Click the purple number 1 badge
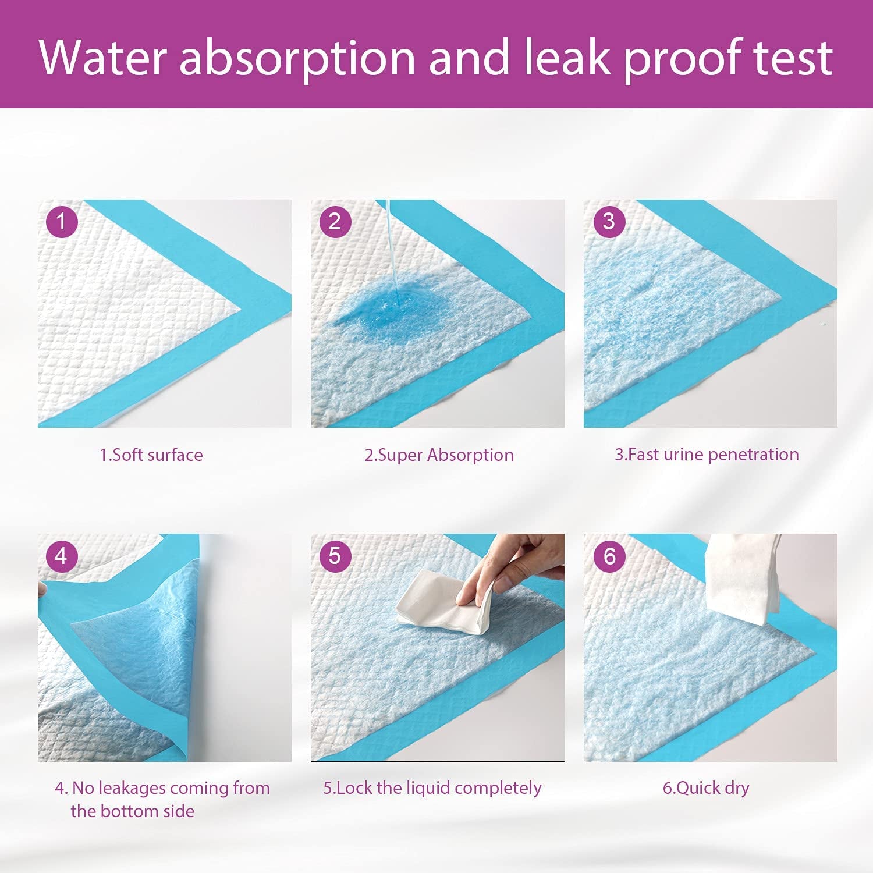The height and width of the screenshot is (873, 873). click(x=61, y=222)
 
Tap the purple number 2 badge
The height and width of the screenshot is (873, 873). click(x=335, y=222)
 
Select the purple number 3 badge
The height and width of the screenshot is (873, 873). click(x=609, y=222)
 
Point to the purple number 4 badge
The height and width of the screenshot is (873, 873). click(x=61, y=556)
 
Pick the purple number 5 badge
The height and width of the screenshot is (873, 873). click(x=335, y=556)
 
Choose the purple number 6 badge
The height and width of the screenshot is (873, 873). click(x=609, y=556)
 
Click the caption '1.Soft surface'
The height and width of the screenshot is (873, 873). click(x=151, y=455)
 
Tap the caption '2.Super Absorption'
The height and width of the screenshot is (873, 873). click(x=439, y=455)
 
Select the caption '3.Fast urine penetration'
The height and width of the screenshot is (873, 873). click(x=707, y=454)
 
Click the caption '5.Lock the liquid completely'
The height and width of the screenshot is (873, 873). click(x=432, y=787)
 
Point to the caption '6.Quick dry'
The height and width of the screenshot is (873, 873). click(x=706, y=787)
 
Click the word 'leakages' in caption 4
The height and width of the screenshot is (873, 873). click(x=132, y=787)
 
